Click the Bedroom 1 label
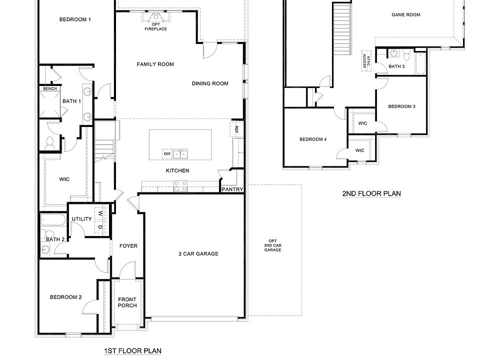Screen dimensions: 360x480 75,19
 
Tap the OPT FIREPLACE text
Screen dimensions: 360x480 156,26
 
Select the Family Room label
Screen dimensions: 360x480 155,64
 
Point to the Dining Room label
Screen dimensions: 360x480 210,83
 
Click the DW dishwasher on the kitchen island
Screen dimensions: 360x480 167,153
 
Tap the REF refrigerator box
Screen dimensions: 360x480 236,129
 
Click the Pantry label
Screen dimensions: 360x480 233,189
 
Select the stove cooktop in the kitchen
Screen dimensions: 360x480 180,186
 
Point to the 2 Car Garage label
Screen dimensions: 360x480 198,253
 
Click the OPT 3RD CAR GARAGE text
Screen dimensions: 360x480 272,245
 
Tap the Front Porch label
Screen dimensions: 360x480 127,302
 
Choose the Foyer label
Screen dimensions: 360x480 128,246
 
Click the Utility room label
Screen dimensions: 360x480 81,219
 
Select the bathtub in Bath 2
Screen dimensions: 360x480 52,220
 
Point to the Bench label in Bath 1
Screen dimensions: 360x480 49,88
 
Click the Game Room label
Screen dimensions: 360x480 405,15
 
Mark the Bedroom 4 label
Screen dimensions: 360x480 313,139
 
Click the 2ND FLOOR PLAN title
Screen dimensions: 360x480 371,193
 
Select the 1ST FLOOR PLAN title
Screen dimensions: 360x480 132,351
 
